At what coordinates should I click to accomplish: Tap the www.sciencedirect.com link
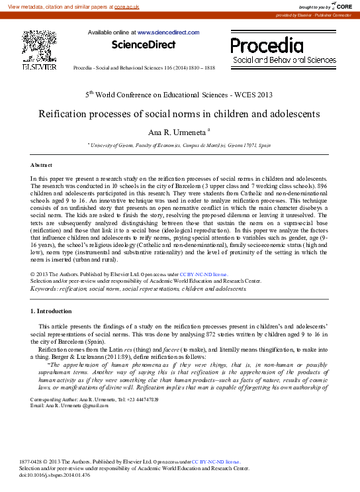168,32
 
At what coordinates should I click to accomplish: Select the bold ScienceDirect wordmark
144,45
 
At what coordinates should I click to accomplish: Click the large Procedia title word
267,45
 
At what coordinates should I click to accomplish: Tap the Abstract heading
42,164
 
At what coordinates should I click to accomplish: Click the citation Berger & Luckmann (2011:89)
132,358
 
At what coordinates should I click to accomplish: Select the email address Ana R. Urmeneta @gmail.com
69,405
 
